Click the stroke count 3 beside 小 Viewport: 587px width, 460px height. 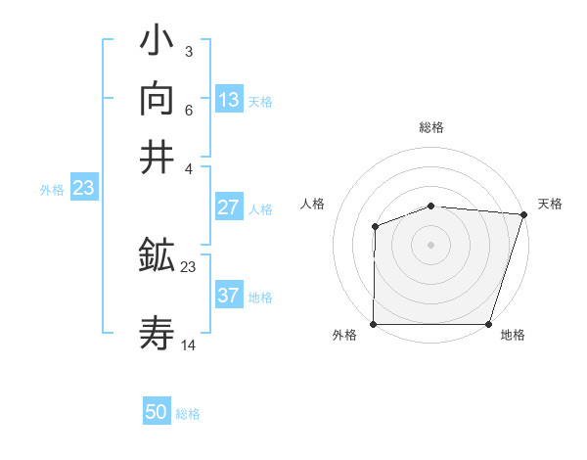pos(188,52)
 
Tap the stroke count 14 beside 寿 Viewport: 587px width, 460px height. pos(189,345)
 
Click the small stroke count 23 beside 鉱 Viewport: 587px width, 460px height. pos(189,266)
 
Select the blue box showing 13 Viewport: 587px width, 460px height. pos(229,99)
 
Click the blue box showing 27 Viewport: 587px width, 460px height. pos(229,207)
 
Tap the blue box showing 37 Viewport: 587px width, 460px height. pos(229,296)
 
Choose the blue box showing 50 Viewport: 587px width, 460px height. pos(157,412)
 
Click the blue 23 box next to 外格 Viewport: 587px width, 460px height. pos(83,188)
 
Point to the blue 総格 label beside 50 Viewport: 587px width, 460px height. pos(188,414)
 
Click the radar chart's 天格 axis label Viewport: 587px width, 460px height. pos(550,204)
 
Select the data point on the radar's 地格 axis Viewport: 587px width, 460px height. pos(489,324)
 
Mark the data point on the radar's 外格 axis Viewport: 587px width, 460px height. pos(374,324)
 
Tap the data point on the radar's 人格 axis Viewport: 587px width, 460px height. pos(376,227)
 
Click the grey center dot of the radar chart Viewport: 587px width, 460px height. pos(431,245)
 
